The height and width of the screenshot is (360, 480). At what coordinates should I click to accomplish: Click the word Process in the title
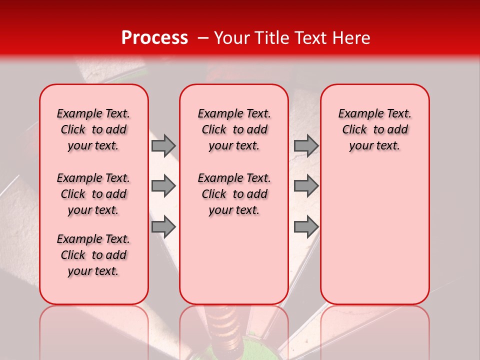pyautogui.click(x=154, y=38)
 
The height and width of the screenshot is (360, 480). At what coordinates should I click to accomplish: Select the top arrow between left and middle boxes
pyautogui.click(x=163, y=145)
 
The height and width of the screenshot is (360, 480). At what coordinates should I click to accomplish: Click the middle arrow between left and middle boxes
pyautogui.click(x=163, y=186)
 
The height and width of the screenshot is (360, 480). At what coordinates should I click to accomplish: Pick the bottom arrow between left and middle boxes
pyautogui.click(x=163, y=226)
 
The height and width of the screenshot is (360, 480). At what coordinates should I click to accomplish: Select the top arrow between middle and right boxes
pyautogui.click(x=306, y=145)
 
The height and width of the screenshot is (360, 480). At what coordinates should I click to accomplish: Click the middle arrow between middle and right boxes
pyautogui.click(x=306, y=186)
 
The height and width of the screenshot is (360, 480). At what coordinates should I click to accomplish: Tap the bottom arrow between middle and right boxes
pyautogui.click(x=306, y=226)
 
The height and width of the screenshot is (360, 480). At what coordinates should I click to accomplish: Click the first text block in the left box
pyautogui.click(x=93, y=129)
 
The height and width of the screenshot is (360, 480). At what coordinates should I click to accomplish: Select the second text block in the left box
pyautogui.click(x=93, y=194)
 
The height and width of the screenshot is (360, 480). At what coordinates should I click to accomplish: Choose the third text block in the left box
pyautogui.click(x=93, y=255)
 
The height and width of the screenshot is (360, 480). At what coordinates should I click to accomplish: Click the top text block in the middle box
pyautogui.click(x=234, y=129)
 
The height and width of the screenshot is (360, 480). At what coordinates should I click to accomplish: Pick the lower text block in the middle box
pyautogui.click(x=234, y=194)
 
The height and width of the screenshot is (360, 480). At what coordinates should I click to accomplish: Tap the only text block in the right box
pyautogui.click(x=374, y=129)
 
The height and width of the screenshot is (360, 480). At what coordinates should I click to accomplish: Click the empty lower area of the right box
pyautogui.click(x=374, y=235)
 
